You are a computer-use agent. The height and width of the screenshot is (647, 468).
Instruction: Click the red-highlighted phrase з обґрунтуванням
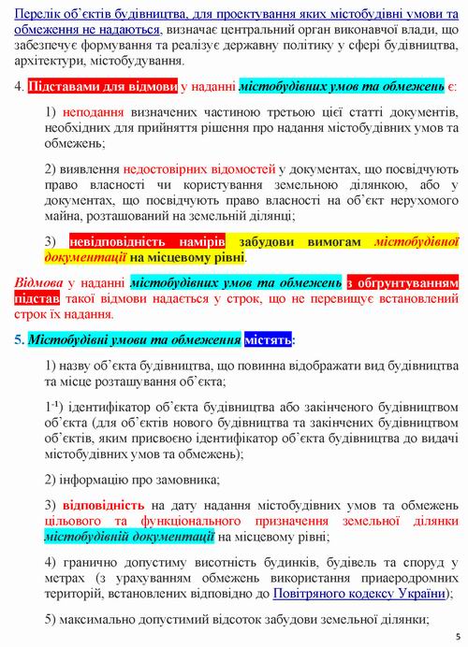[x=402, y=281]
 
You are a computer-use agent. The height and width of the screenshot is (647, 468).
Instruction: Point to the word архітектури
[x=46, y=61]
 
